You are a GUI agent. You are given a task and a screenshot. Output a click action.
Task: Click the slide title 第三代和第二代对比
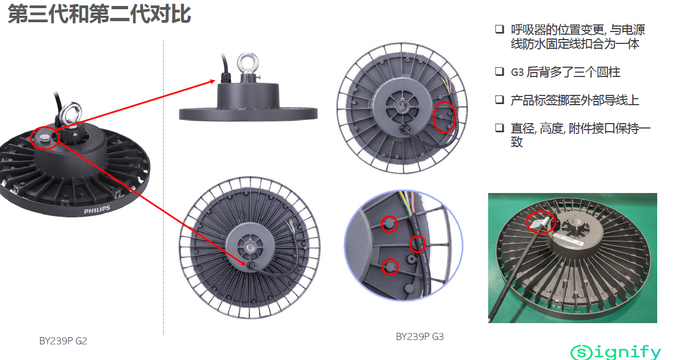(99, 14)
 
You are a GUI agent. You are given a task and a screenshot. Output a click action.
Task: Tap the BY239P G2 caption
(63, 340)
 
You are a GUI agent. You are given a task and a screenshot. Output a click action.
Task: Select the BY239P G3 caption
(420, 337)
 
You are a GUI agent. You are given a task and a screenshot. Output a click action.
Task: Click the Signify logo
(615, 352)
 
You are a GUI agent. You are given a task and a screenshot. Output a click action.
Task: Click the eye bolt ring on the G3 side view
(248, 62)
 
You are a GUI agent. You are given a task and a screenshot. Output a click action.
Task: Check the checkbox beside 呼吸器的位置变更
(500, 29)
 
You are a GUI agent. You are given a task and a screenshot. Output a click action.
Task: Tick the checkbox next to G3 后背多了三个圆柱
(500, 72)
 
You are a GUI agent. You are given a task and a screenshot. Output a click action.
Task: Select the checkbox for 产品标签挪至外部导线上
(500, 100)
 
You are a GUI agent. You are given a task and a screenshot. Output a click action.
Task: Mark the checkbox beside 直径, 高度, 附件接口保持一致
(500, 128)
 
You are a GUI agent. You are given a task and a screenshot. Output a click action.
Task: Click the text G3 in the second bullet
(517, 72)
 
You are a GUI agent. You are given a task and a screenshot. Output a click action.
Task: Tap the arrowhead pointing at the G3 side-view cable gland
(213, 81)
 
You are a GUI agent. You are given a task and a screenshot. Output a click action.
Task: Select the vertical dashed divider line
(164, 187)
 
